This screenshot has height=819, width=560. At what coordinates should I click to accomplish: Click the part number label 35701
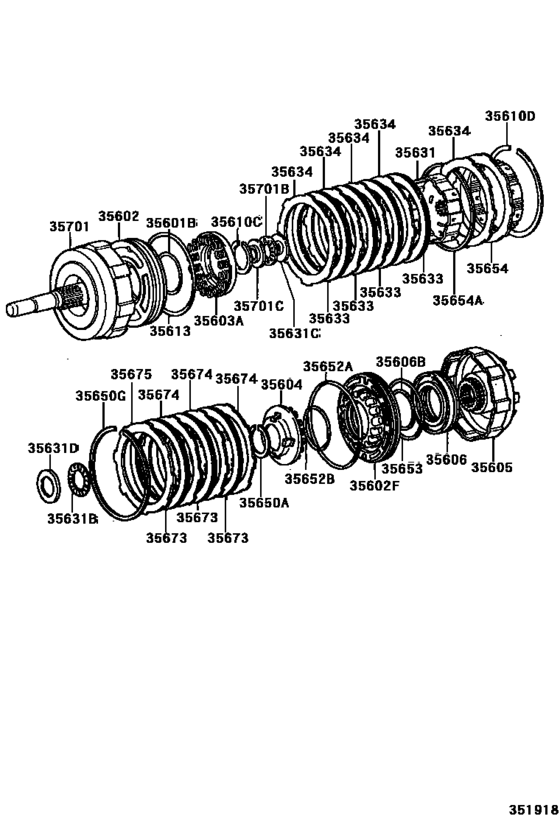click(x=70, y=227)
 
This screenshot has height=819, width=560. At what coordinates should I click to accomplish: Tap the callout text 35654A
click(x=458, y=299)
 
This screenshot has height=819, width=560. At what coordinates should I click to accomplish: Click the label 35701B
click(x=263, y=188)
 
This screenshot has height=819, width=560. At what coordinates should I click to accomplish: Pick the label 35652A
click(x=329, y=366)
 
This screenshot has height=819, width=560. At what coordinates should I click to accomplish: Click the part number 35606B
click(x=401, y=361)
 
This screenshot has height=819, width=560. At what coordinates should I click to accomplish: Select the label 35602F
click(x=374, y=485)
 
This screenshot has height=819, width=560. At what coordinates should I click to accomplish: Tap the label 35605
click(x=491, y=467)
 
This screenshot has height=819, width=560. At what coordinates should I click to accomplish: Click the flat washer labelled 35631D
click(x=47, y=481)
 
